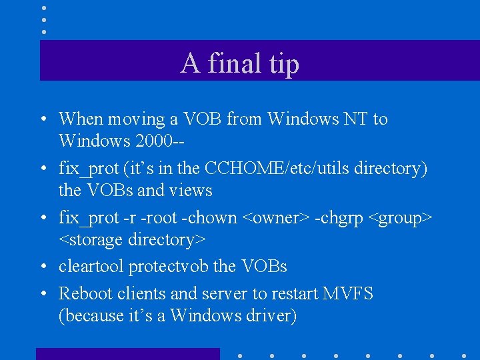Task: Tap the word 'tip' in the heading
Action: click(284, 64)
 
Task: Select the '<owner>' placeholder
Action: click(275, 218)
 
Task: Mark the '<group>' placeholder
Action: click(404, 218)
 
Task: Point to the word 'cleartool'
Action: click(91, 267)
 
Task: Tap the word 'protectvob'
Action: click(168, 267)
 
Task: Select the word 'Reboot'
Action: click(85, 293)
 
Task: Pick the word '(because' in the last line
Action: click(91, 315)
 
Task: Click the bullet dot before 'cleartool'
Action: click(42, 267)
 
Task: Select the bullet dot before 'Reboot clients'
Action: click(42, 294)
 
